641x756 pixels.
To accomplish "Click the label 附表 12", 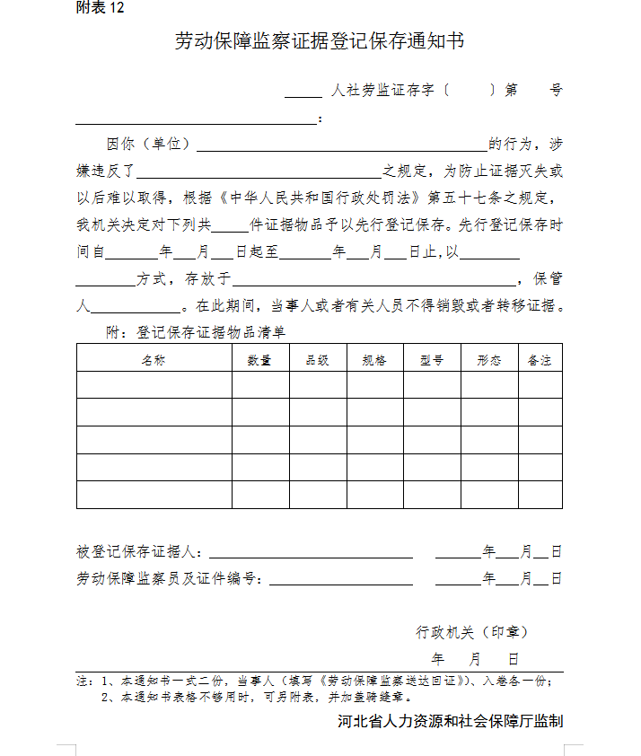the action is [100, 9].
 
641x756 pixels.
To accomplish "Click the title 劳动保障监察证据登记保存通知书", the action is [320, 41].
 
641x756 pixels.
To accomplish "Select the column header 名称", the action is [154, 360].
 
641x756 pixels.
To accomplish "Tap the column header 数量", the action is [260, 360].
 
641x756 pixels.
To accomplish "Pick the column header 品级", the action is [318, 360].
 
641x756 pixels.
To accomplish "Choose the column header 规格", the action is [374, 360].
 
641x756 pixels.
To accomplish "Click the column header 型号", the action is [432, 360].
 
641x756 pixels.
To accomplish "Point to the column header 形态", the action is [489, 360].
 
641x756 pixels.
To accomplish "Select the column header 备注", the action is [540, 360].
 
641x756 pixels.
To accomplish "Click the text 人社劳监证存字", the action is [382, 91].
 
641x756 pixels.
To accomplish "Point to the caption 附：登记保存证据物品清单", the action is [197, 332].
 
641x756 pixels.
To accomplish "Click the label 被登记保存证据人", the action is [140, 551].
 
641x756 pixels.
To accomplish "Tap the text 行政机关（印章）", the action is [470, 632].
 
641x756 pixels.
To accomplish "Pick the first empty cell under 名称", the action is [154, 384].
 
